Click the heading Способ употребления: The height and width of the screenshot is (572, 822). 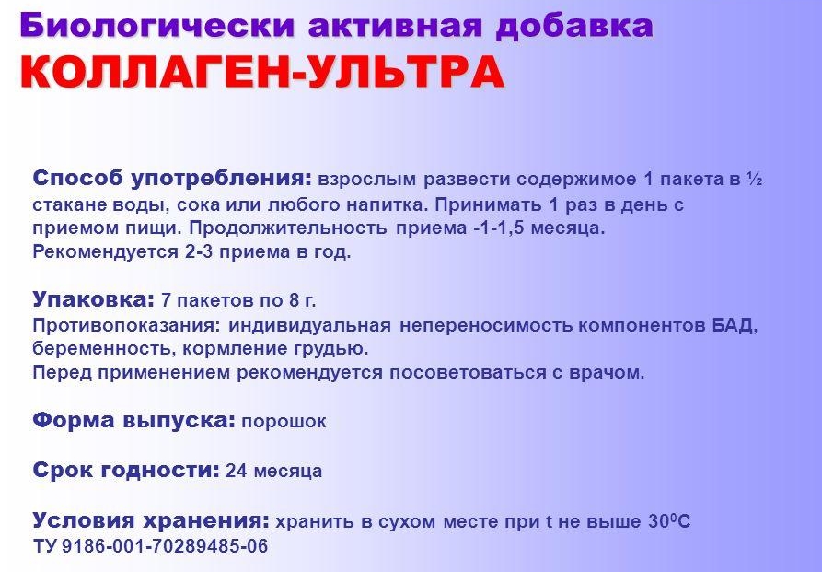point(173,178)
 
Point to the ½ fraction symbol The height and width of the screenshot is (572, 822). point(754,178)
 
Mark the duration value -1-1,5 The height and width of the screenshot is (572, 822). point(509,228)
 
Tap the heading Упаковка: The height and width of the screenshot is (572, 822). point(92,300)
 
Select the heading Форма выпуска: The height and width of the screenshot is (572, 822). point(133,421)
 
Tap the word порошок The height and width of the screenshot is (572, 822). point(284,422)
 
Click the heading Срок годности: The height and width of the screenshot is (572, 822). point(125,471)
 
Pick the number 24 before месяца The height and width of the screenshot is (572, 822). point(236,472)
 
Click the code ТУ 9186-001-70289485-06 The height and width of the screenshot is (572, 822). point(150,546)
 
